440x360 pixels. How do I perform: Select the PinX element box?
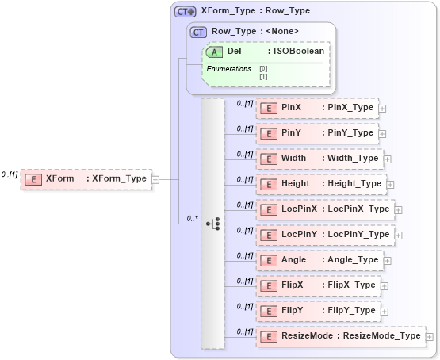316,108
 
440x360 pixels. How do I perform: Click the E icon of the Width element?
269,159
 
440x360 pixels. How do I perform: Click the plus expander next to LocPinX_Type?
398,209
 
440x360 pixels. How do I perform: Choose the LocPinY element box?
324,235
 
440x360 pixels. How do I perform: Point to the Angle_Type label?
352,260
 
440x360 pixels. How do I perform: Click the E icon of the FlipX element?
269,285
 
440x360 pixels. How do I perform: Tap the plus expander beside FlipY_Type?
384,311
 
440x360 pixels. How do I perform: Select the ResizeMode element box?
340,336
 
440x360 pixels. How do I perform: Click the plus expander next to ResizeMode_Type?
429,336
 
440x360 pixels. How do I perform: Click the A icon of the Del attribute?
213,52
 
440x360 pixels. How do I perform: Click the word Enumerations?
229,69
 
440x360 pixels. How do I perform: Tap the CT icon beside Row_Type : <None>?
199,32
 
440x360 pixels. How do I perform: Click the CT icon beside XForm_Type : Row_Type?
186,12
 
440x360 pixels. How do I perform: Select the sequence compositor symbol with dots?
213,224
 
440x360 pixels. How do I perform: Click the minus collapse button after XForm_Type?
155,179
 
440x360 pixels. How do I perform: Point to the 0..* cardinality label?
191,217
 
